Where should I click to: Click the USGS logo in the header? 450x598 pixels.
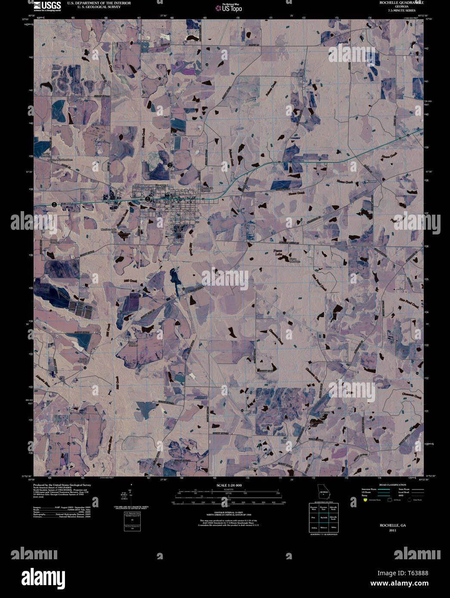point(47,6)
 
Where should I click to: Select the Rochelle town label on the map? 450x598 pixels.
point(182,190)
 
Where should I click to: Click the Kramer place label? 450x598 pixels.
point(371,182)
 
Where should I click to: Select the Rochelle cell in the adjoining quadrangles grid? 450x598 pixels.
point(324,517)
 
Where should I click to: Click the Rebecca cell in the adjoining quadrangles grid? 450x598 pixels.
point(324,527)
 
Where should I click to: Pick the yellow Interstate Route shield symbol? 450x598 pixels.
point(365,500)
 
